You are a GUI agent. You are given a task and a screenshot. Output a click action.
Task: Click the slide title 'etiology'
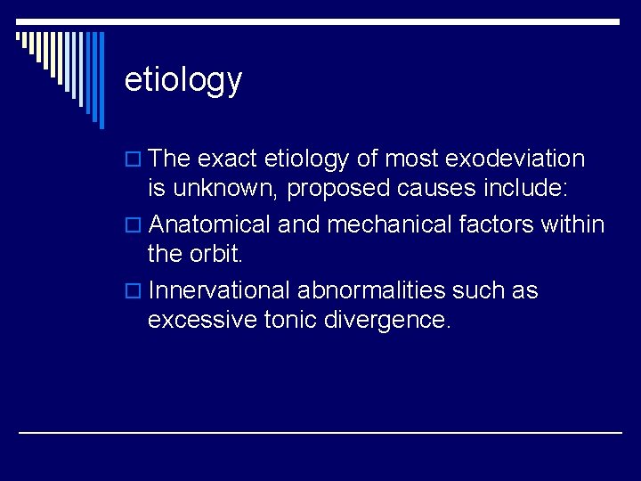coord(183,80)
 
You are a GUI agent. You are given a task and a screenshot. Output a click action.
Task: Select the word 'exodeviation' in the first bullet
coord(515,159)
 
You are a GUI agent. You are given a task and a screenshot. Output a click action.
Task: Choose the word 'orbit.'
coord(215,255)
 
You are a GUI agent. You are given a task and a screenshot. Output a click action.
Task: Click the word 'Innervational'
coord(220,291)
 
